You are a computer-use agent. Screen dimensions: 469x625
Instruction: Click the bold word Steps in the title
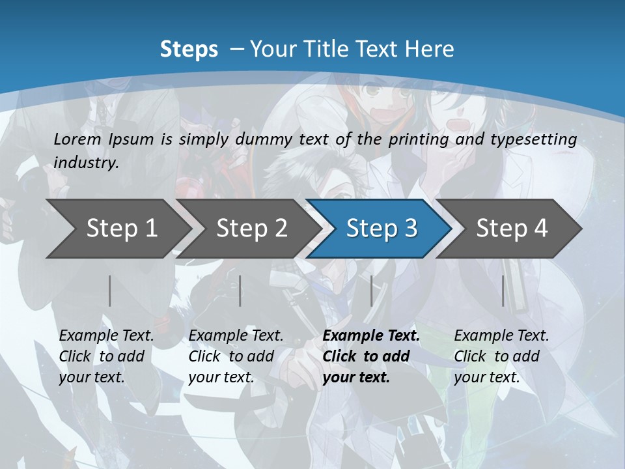click(189, 49)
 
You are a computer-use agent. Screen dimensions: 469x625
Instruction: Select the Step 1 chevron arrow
click(117, 228)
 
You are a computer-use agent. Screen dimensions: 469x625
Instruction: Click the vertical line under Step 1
click(110, 291)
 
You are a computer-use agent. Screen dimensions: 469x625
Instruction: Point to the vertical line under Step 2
click(240, 291)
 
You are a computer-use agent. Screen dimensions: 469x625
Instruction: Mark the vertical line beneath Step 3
click(372, 291)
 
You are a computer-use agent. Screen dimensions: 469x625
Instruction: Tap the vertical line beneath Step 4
click(503, 291)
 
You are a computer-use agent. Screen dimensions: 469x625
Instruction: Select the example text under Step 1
click(106, 356)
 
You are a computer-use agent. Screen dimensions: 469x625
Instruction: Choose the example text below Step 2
click(236, 356)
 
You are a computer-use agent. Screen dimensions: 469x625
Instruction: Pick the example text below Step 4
click(501, 356)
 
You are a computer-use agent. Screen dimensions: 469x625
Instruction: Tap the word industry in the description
click(85, 162)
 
